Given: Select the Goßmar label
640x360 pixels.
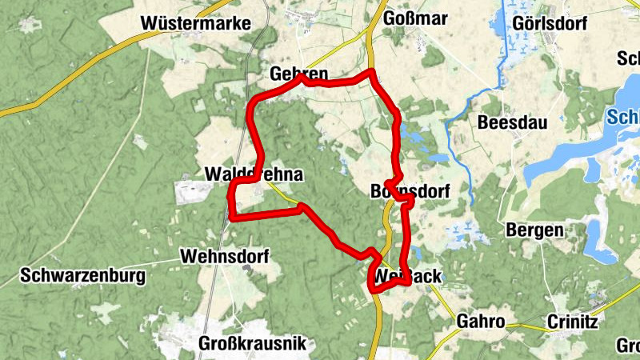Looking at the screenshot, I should [x=415, y=19].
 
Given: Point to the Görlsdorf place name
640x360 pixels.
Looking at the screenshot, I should [x=551, y=22].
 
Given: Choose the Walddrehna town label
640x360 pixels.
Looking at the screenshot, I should [x=253, y=174].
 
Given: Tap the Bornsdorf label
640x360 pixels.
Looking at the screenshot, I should [x=410, y=191].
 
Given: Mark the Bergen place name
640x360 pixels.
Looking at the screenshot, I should [x=534, y=230].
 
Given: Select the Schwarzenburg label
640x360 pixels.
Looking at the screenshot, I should [x=85, y=276].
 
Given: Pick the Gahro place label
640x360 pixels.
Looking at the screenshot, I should [x=480, y=322].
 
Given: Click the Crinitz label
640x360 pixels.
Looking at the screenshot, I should [x=573, y=322].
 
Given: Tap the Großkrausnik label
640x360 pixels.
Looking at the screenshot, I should [x=251, y=345].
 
